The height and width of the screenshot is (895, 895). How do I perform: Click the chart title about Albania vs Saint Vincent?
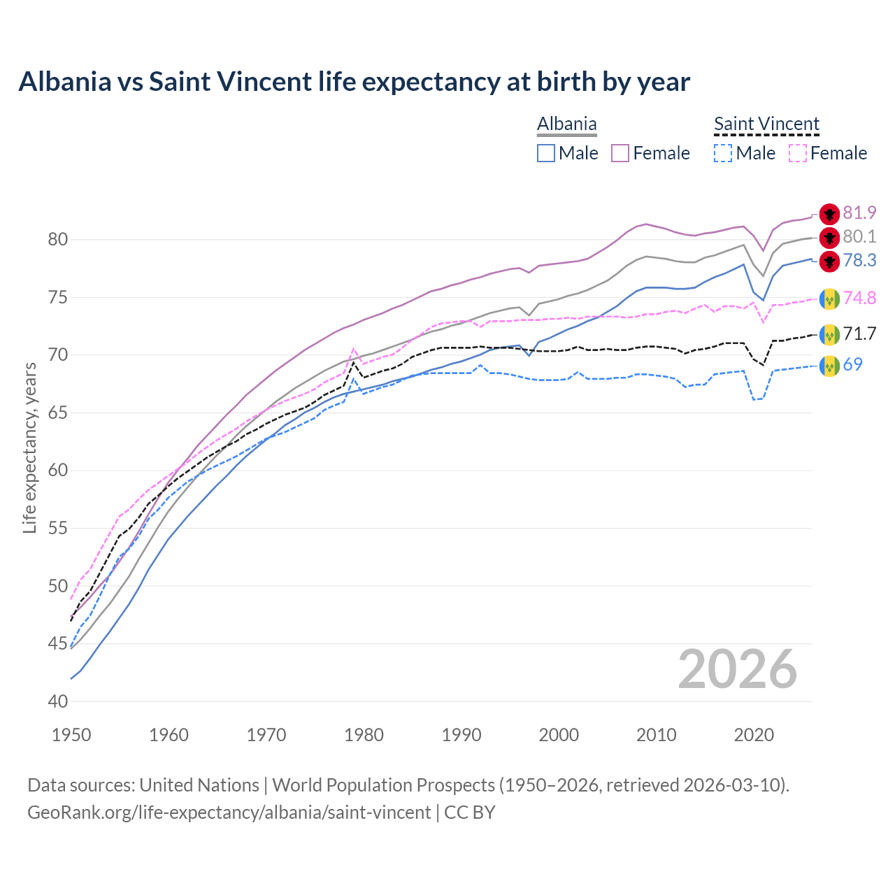tap(354, 82)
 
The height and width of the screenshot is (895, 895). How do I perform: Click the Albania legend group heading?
tap(566, 124)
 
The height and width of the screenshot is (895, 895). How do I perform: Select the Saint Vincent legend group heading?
tap(766, 124)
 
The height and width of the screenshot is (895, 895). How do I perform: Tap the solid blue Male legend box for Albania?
tap(546, 153)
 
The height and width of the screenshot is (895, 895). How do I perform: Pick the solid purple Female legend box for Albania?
tap(620, 153)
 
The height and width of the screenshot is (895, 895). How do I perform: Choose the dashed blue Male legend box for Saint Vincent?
tap(723, 153)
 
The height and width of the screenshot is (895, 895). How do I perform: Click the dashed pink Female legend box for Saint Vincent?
tap(798, 153)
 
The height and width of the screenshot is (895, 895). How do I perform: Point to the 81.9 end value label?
tap(859, 213)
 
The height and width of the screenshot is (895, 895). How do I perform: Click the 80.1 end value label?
tap(859, 237)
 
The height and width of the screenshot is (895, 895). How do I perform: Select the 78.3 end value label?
tap(859, 261)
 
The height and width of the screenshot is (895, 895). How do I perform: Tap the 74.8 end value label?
tap(859, 299)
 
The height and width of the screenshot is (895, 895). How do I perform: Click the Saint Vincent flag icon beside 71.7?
tap(829, 335)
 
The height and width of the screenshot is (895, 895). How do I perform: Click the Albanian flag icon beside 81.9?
tap(829, 214)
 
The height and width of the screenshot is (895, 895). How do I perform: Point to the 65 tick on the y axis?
tap(57, 413)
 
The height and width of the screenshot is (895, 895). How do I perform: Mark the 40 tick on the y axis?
tap(57, 701)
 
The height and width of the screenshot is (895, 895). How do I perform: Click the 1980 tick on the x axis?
tap(364, 735)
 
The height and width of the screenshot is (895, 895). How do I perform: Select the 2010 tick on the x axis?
tap(656, 735)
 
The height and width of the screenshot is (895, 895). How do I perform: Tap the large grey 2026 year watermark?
tap(737, 669)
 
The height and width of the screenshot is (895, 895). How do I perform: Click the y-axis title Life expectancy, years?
tap(29, 447)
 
